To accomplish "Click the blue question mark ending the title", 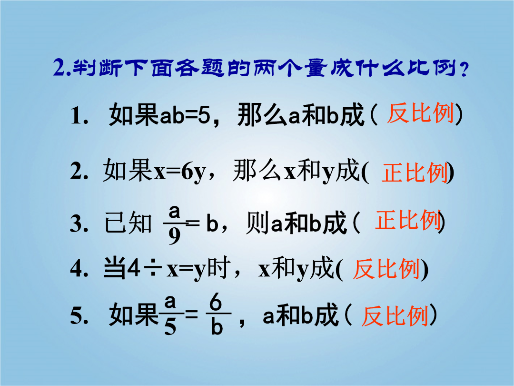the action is (x=464, y=70).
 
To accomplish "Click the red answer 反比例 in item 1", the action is (x=421, y=113).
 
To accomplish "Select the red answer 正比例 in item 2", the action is (x=415, y=173).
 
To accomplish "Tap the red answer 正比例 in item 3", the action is (x=408, y=220).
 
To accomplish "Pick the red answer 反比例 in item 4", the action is (x=386, y=269).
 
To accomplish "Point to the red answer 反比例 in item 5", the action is (x=395, y=316).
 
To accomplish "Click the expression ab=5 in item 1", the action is (x=185, y=115).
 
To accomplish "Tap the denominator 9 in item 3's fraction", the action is (x=174, y=236).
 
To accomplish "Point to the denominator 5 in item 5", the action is (x=170, y=326).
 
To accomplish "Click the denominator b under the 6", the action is (x=217, y=326).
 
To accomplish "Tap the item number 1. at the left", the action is (x=79, y=116).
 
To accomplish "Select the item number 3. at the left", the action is (x=79, y=224).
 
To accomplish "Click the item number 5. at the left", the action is (x=79, y=316).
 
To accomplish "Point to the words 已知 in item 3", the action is (x=128, y=223).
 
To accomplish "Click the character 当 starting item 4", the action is (x=115, y=268).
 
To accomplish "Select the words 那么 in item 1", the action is (x=262, y=114).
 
